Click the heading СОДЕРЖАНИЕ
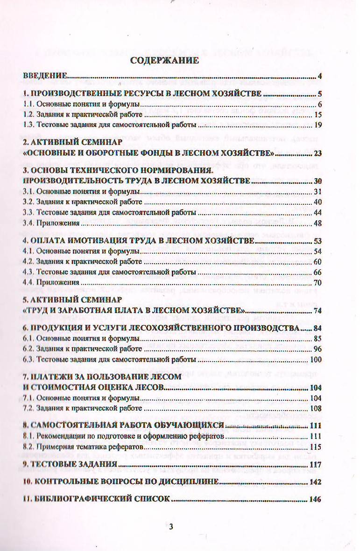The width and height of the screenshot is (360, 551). [164, 60]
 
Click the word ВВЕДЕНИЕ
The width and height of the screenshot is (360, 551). [45, 76]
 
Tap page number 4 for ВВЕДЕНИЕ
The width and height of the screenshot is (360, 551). [319, 77]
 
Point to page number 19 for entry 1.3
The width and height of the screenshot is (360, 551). [318, 125]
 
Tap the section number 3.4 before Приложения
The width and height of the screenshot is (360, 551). [28, 223]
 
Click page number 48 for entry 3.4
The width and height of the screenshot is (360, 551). [318, 223]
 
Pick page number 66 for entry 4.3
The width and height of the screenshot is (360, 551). [318, 272]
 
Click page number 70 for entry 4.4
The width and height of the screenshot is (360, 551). [318, 282]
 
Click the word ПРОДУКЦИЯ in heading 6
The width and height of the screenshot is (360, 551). [56, 328]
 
